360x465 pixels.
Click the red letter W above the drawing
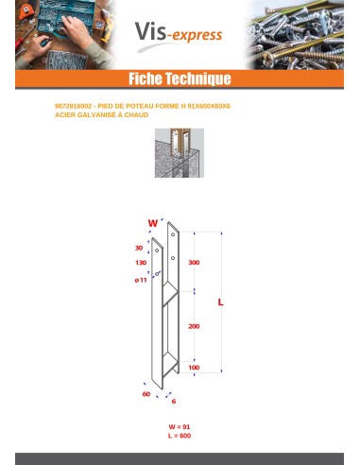pyautogui.click(x=151, y=223)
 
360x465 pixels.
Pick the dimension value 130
pyautogui.click(x=141, y=262)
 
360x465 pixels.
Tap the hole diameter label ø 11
pyautogui.click(x=140, y=281)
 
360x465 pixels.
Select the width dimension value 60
pyautogui.click(x=146, y=393)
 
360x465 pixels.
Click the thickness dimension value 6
pyautogui.click(x=174, y=401)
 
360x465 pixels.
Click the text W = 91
pyautogui.click(x=180, y=428)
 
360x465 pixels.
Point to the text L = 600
pyautogui.click(x=180, y=437)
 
